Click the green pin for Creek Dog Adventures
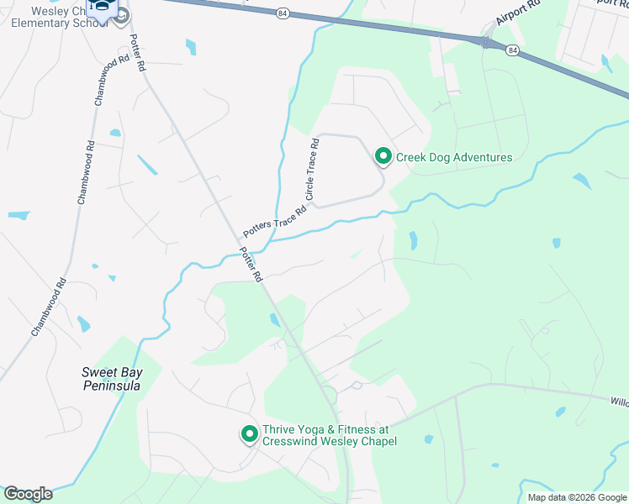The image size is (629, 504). tap(383, 156)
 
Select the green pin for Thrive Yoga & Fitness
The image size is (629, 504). tap(249, 433)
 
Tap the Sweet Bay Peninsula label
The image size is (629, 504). tap(110, 379)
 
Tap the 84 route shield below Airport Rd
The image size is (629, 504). tap(512, 50)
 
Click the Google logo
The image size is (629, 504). tap(27, 494)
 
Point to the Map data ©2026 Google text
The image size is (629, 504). tap(576, 497)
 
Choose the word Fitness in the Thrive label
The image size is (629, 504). tap(354, 428)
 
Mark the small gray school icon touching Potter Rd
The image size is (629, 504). tap(123, 16)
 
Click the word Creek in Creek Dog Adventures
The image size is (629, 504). tap(412, 157)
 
